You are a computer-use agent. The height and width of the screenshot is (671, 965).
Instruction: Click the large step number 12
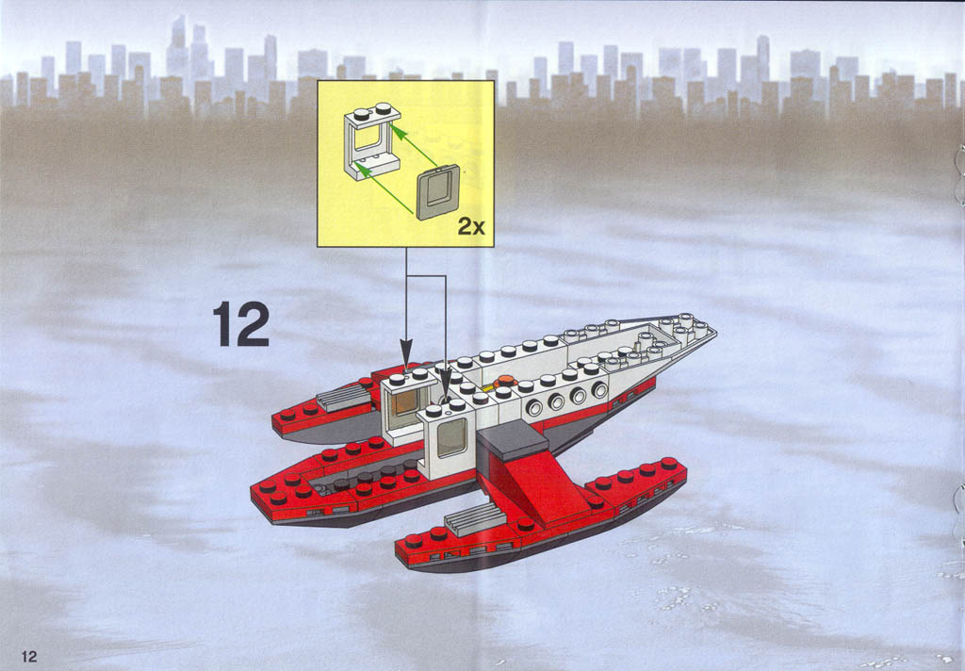click(241, 324)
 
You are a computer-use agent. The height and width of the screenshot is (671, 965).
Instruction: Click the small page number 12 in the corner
click(29, 656)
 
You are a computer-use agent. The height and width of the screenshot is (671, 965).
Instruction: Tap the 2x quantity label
click(471, 226)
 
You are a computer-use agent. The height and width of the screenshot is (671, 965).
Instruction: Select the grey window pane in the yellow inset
click(437, 192)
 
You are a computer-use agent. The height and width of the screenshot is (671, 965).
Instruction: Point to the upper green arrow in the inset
click(415, 145)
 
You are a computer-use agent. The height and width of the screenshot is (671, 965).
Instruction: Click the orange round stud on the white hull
click(505, 380)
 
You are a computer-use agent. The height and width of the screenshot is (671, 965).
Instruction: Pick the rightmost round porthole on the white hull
click(598, 389)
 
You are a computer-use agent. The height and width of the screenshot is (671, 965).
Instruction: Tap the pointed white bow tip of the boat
click(714, 331)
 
